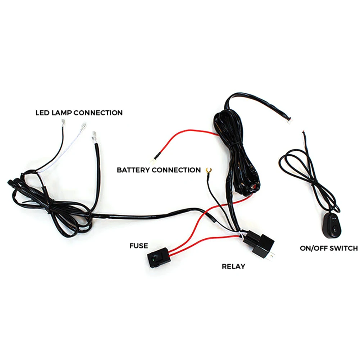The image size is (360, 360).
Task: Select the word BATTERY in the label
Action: click(133, 170)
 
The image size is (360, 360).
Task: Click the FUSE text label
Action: click(138, 246)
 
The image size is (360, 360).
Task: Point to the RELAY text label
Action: click(233, 266)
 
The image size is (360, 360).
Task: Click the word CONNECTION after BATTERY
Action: click(176, 170)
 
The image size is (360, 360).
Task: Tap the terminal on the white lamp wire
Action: click(83, 127)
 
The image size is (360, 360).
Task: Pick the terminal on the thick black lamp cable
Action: click(95, 136)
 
